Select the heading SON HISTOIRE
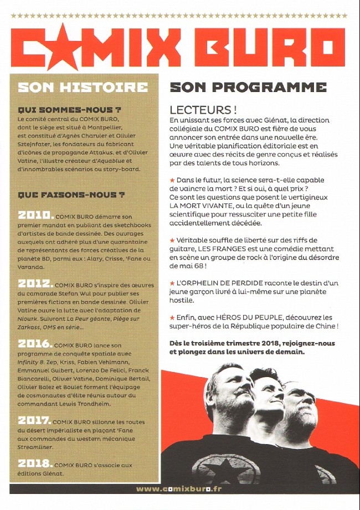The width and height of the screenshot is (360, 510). [83, 88]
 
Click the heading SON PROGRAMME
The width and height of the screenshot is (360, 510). [248, 88]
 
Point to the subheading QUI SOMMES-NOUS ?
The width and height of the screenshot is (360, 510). [69, 110]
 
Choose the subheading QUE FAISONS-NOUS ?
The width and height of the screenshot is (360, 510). [71, 195]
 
